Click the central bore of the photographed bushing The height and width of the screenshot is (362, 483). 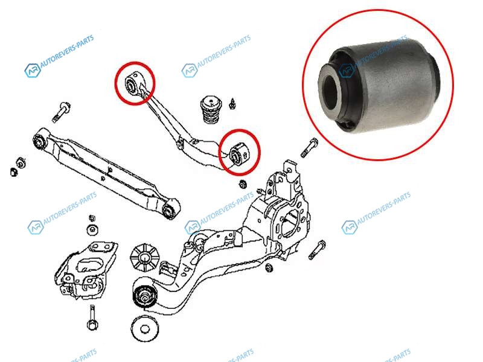[331, 92]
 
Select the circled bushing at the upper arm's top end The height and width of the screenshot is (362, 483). [132, 83]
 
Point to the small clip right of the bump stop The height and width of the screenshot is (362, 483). [232, 103]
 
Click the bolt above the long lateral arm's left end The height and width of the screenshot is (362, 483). [62, 112]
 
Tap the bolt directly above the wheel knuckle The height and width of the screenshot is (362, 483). [309, 148]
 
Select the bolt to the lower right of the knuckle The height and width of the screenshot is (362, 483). [317, 250]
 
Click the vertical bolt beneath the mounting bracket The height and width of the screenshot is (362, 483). [92, 317]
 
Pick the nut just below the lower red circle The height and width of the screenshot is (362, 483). [243, 184]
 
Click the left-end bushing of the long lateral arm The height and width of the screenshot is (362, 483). [39, 142]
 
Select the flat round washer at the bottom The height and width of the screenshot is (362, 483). [145, 329]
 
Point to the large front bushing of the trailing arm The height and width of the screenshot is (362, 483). [144, 296]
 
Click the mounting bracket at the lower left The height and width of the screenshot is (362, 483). [86, 270]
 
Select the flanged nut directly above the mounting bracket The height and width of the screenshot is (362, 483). [92, 230]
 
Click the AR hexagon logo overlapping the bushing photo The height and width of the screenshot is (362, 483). [347, 71]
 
